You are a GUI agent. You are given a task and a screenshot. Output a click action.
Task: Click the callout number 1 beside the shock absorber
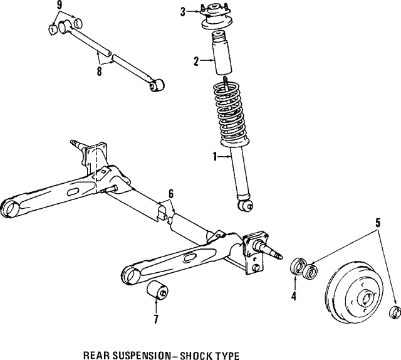pos(215,157)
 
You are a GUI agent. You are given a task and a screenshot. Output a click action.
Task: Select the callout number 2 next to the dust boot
pos(195,61)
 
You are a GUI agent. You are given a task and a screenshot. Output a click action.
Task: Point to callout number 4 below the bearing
pos(293,295)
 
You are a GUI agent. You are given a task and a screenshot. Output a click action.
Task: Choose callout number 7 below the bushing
pos(155,319)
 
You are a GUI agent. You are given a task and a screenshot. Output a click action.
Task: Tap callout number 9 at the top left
pos(60,5)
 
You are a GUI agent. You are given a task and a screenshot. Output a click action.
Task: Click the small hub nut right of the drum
pos(395,312)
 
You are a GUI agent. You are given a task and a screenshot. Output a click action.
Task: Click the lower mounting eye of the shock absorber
pos(244,202)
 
